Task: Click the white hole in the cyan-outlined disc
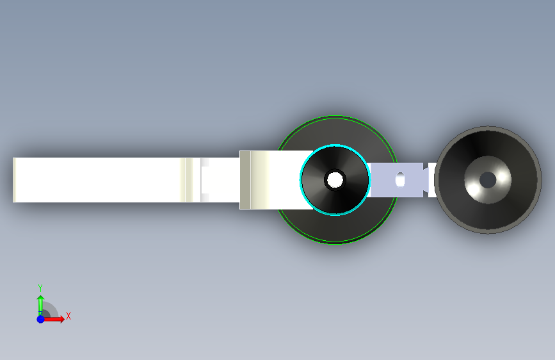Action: pos(335,179)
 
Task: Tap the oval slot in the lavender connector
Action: pos(400,179)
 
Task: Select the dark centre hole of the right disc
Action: pos(488,180)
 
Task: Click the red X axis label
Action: pos(68,316)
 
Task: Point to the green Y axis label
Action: pos(40,288)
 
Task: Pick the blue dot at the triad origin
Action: pos(41,319)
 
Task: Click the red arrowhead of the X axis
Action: pos(62,319)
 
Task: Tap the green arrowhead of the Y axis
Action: pos(41,299)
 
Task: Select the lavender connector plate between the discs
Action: pos(396,179)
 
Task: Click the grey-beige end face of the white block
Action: pos(245,180)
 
